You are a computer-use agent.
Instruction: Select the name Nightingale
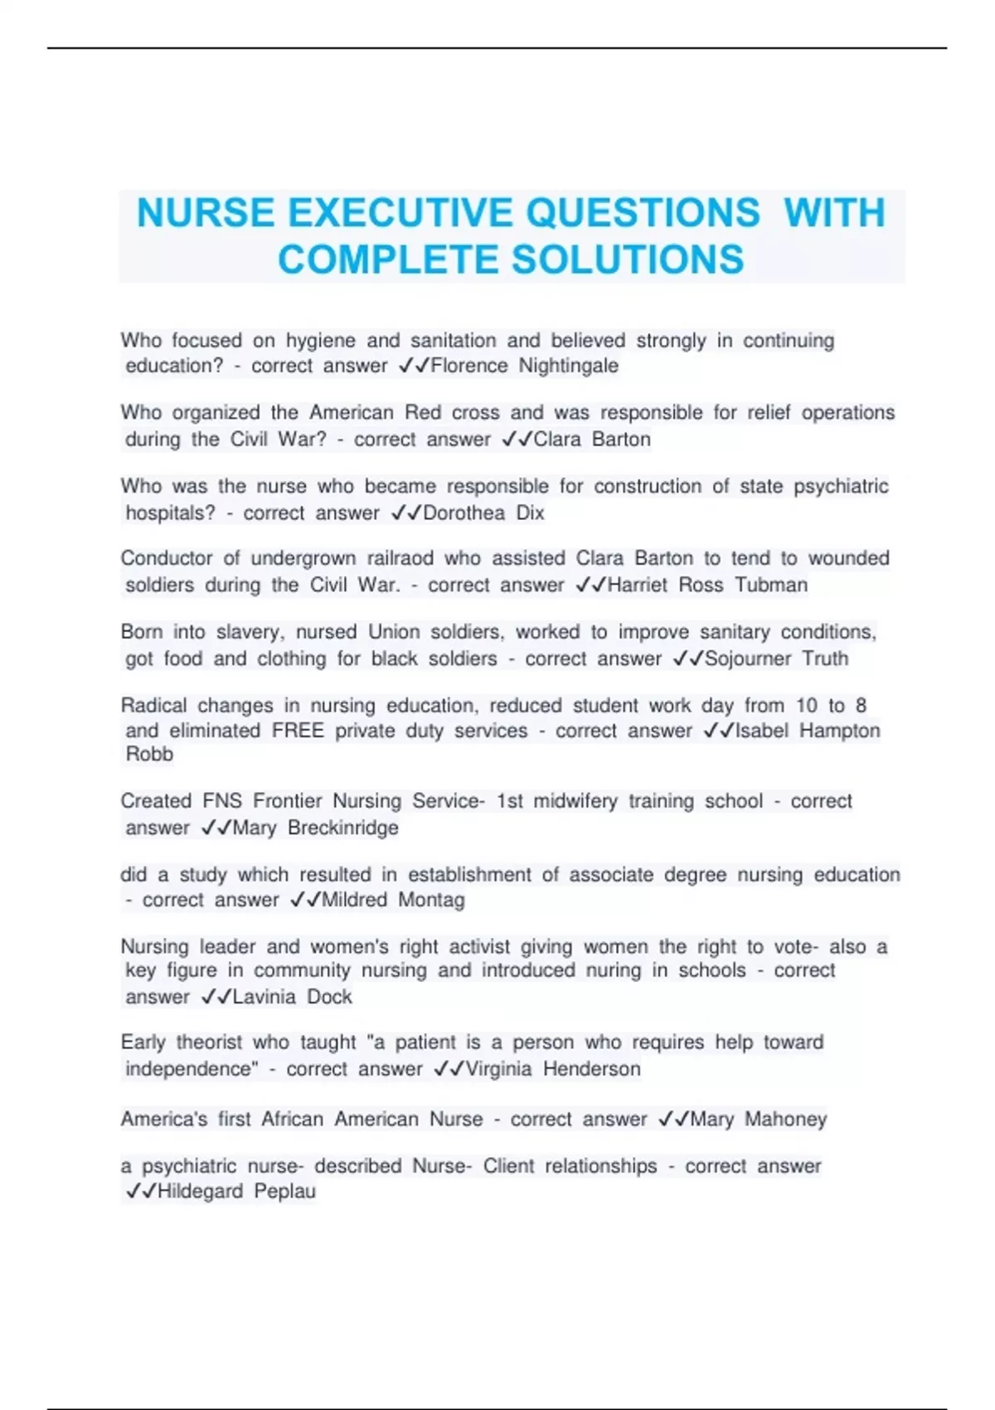click(569, 366)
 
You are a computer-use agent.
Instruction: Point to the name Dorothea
click(464, 513)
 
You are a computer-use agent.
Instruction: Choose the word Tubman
click(771, 585)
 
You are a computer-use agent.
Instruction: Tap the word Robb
click(149, 755)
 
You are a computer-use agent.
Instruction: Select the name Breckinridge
click(343, 828)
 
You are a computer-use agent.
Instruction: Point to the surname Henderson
click(592, 1069)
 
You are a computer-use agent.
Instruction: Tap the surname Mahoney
click(785, 1119)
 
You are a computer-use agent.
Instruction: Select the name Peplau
click(285, 1192)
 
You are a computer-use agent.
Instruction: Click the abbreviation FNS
click(222, 801)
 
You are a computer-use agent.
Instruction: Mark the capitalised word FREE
click(298, 731)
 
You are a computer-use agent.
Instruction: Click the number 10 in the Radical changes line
click(807, 706)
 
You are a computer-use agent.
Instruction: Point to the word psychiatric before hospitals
click(841, 486)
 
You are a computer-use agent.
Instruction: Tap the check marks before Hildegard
click(140, 1192)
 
